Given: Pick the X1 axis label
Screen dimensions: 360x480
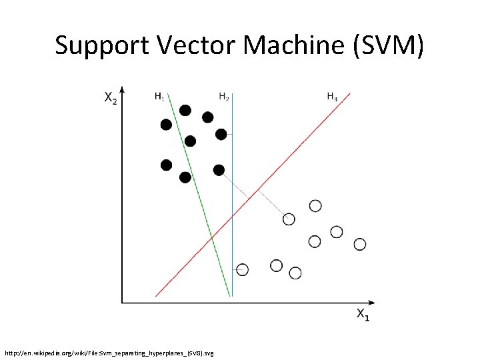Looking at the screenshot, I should pos(363,315).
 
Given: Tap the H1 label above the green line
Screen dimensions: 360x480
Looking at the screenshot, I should pos(159,97).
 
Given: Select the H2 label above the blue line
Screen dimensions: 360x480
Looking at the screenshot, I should pos(225,97).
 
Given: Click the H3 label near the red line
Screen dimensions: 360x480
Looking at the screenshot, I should pos(331,97).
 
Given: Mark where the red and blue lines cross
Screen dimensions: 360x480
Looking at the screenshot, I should pos(232,217).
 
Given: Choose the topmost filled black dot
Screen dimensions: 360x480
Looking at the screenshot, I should pos(185,110).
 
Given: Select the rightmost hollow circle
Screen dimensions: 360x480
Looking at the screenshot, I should pos(360,244).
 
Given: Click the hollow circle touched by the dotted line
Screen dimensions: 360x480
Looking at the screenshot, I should pos(289,219).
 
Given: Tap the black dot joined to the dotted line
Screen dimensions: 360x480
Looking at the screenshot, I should pos(219,170).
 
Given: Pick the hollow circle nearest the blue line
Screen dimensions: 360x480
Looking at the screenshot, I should pos(243,269).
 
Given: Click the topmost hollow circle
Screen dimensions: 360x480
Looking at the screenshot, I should pos(315,205).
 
